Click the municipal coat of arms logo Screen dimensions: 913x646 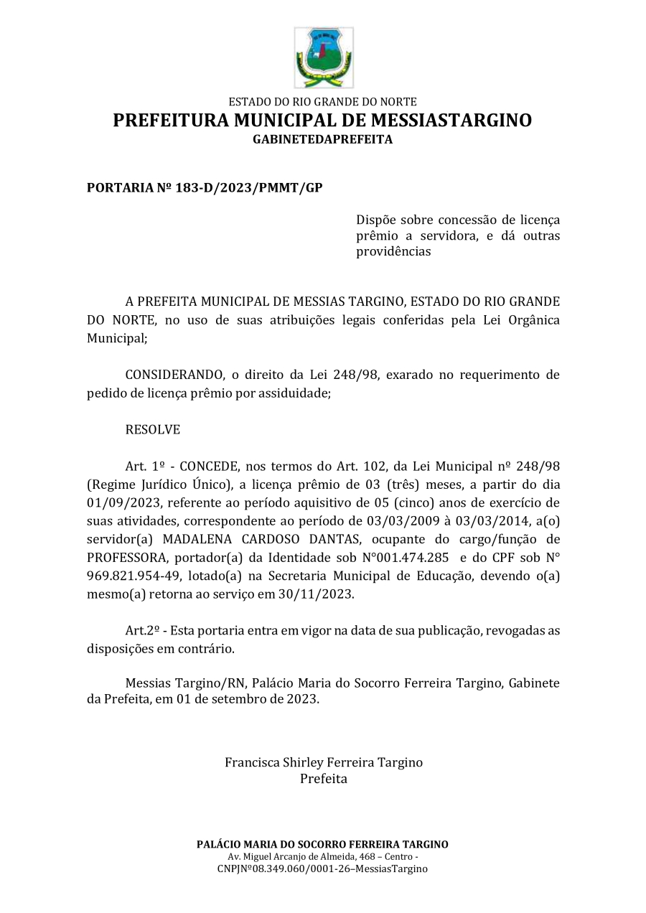click(x=323, y=57)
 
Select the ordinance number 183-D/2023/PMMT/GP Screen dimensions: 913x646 click(x=249, y=188)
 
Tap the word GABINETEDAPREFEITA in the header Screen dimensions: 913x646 click(x=322, y=139)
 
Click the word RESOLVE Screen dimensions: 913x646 click(x=152, y=430)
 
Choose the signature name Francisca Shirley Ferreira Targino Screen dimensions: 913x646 click(x=323, y=762)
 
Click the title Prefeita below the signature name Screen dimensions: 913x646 click(x=323, y=779)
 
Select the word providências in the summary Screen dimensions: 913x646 click(x=393, y=252)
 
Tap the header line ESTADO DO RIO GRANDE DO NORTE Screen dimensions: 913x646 click(x=322, y=102)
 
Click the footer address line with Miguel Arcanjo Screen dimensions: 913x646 click(x=322, y=857)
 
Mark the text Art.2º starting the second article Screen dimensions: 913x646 click(x=141, y=630)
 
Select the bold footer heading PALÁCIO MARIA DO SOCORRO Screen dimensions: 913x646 click(x=322, y=844)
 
